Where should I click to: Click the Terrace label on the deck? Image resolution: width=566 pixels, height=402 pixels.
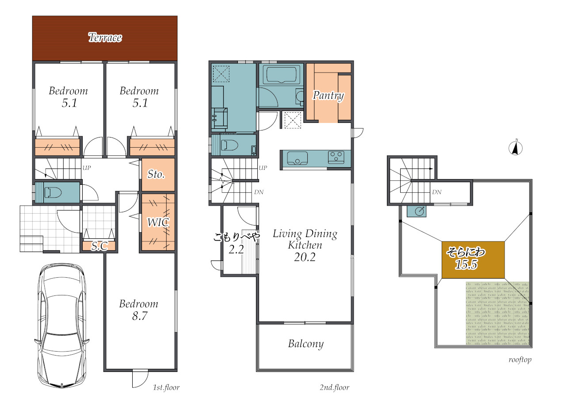[x=105, y=38]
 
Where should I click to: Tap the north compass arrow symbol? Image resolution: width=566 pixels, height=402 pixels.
[x=516, y=148]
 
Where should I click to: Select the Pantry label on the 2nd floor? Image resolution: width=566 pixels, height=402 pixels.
[x=328, y=96]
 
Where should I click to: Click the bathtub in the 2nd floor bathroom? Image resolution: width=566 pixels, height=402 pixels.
[x=281, y=74]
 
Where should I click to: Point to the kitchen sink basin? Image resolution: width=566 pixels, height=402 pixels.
[x=298, y=158]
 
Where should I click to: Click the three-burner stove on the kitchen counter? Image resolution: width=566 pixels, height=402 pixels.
[x=336, y=157]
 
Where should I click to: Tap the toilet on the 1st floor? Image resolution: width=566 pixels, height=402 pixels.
[x=53, y=192]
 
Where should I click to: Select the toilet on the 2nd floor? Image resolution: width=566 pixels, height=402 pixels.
[x=229, y=145]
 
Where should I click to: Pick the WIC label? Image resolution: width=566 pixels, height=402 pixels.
[x=158, y=222]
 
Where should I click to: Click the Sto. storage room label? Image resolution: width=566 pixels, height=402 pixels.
[x=156, y=174]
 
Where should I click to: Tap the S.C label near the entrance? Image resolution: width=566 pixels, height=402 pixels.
[x=99, y=246]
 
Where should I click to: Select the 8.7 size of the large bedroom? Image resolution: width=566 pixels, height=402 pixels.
[x=140, y=316]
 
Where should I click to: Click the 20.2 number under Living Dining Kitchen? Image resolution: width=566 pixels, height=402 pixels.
[x=305, y=257]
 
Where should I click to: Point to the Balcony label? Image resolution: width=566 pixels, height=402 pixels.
[x=306, y=344]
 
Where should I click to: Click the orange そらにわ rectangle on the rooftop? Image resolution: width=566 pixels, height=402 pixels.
[x=473, y=260]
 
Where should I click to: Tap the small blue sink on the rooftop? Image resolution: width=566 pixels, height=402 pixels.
[x=417, y=211]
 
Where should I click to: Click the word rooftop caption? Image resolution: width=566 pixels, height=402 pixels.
[x=520, y=360]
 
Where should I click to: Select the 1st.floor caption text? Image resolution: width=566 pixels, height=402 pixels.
[x=166, y=387]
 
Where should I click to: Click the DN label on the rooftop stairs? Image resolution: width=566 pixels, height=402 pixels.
[x=436, y=192]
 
